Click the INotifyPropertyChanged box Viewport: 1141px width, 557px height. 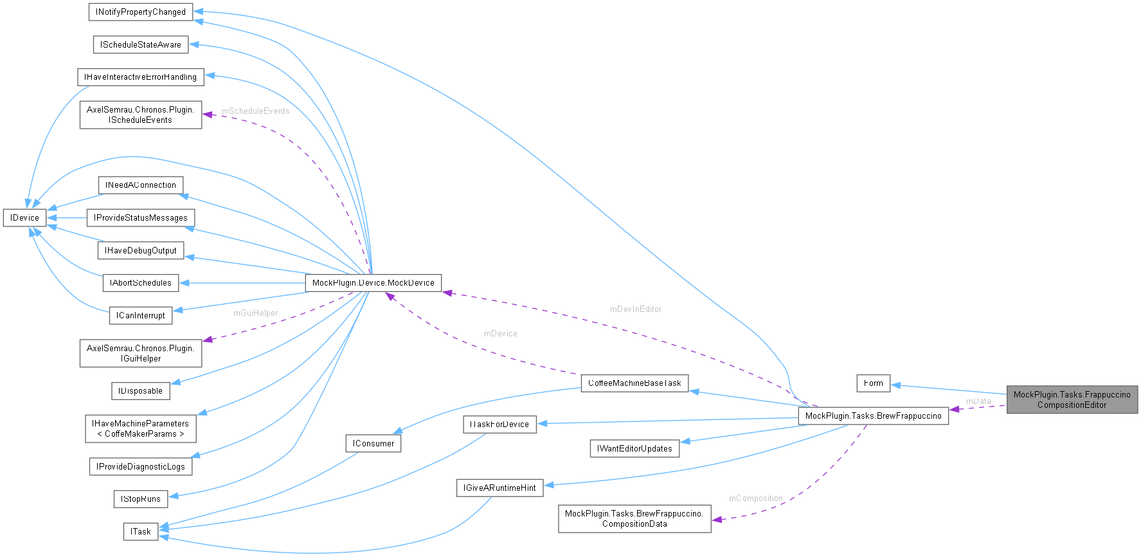pyautogui.click(x=140, y=12)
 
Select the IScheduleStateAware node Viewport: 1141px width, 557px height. pyautogui.click(x=140, y=44)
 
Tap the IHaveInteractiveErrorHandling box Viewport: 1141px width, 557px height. pyautogui.click(x=140, y=77)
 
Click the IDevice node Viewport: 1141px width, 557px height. pyautogui.click(x=24, y=217)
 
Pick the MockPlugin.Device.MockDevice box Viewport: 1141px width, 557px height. pyautogui.click(x=373, y=282)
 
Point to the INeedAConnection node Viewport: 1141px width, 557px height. pyautogui.click(x=140, y=185)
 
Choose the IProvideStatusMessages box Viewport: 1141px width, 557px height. pyautogui.click(x=140, y=217)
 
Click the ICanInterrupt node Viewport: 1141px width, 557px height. pyautogui.click(x=140, y=315)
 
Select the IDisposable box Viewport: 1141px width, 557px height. pyautogui.click(x=140, y=390)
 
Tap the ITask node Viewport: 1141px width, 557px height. pyautogui.click(x=140, y=531)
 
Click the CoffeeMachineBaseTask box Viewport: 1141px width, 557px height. pyautogui.click(x=634, y=383)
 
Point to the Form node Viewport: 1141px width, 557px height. pyautogui.click(x=873, y=383)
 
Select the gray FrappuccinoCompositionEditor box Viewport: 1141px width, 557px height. pyautogui.click(x=1072, y=399)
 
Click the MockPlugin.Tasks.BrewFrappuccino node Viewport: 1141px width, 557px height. pyautogui.click(x=873, y=415)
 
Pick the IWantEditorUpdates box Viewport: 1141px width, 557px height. pyautogui.click(x=634, y=448)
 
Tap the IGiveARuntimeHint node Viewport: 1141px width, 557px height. pyautogui.click(x=499, y=488)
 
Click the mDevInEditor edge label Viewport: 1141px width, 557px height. pyautogui.click(x=635, y=309)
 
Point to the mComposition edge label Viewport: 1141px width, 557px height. pyautogui.click(x=755, y=498)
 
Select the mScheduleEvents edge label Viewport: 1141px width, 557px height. pyautogui.click(x=255, y=111)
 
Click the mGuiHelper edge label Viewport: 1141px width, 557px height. pyautogui.click(x=255, y=313)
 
